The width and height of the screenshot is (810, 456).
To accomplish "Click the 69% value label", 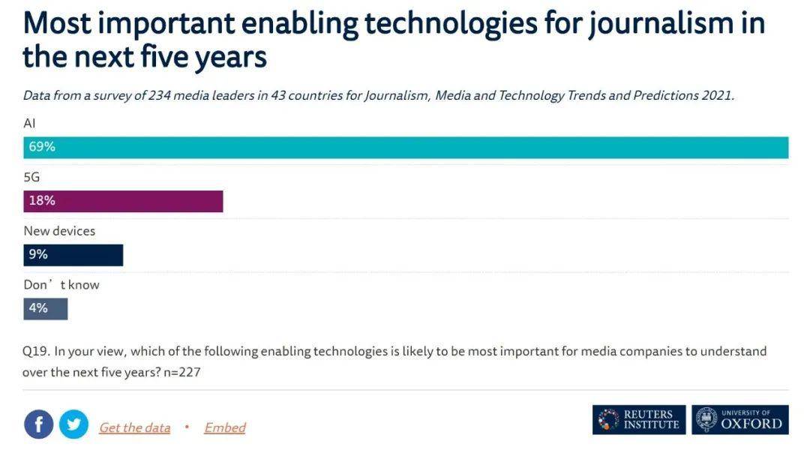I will (x=42, y=147).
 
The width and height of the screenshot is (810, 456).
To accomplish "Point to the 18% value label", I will (x=42, y=201).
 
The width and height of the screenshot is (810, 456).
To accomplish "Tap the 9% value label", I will (x=38, y=255).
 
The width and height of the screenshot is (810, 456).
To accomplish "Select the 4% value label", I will (x=38, y=308).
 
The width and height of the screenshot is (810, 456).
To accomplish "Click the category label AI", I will (x=30, y=123).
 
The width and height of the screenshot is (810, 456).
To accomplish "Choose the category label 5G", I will (x=31, y=177).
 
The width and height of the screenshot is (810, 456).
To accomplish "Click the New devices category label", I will (x=59, y=231).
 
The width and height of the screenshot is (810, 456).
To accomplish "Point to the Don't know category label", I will (x=61, y=285).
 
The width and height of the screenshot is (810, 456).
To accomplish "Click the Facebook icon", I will (x=39, y=424).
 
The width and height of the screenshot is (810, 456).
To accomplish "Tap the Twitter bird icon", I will (x=73, y=424).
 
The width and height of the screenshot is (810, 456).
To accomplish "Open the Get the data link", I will (x=134, y=427).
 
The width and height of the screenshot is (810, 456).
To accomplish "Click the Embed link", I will (x=225, y=427).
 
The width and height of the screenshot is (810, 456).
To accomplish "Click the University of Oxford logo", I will (x=740, y=420).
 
